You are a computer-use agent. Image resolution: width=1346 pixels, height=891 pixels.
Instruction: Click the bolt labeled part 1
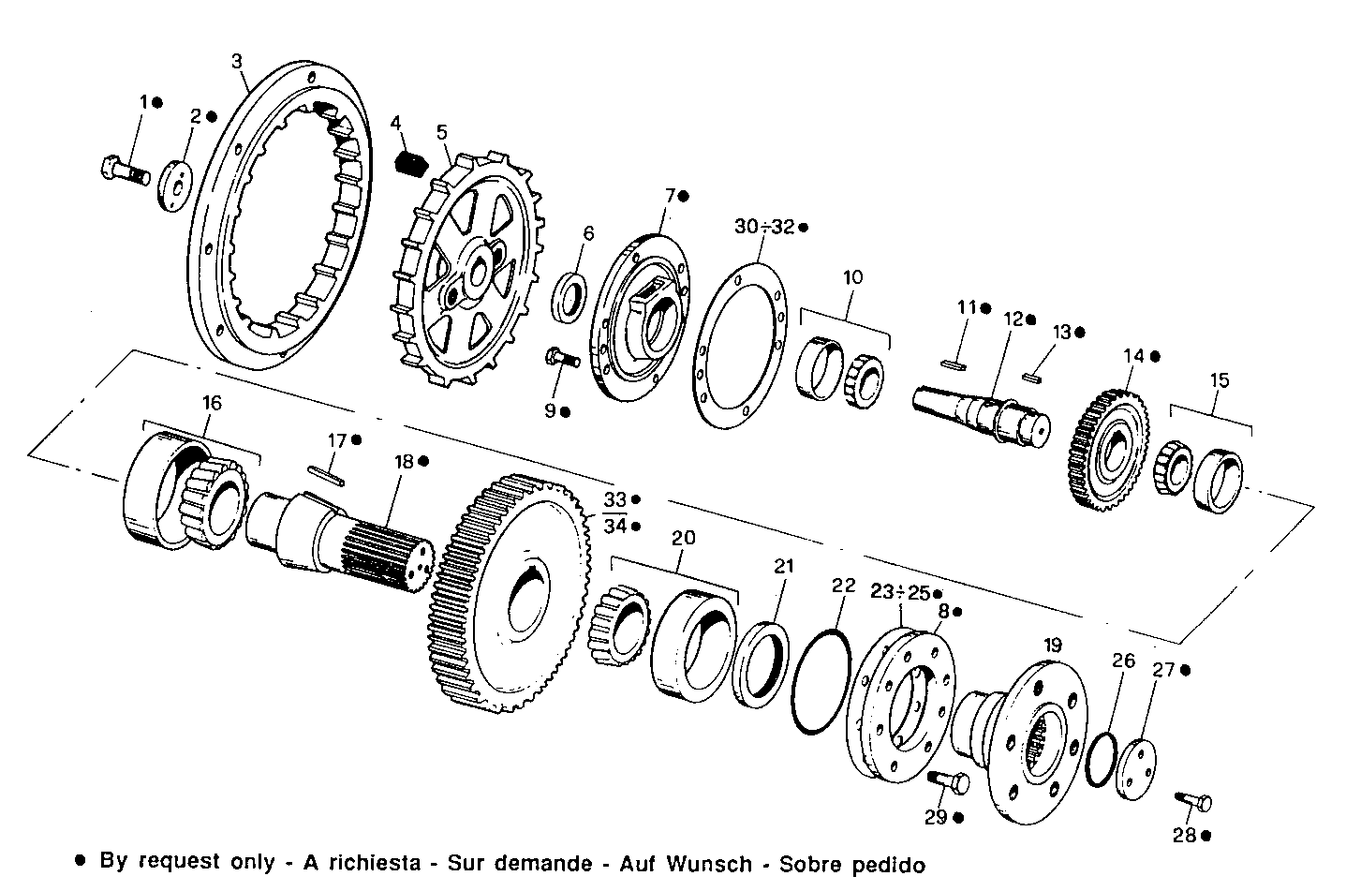pyautogui.click(x=124, y=171)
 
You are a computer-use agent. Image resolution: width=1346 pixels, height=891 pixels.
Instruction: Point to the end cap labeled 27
pyautogui.click(x=1136, y=768)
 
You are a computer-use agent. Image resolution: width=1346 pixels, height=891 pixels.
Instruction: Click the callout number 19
pyautogui.click(x=1053, y=645)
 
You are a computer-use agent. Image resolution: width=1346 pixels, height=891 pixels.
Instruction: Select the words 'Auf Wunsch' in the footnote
pyautogui.click(x=709, y=863)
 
